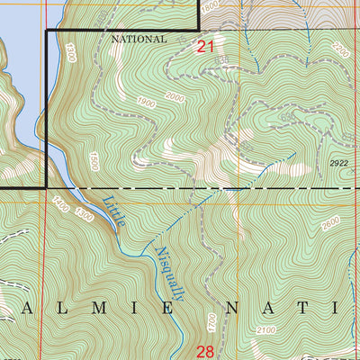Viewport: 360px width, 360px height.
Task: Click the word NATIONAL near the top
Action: coord(139,40)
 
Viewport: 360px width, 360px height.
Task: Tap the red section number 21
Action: coord(206,47)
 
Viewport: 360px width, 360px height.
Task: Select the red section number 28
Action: coord(205,350)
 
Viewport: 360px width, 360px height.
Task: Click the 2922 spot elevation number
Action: coord(338,163)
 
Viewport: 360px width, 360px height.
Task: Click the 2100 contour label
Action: coord(266,332)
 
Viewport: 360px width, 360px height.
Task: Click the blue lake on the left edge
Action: coord(18,54)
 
